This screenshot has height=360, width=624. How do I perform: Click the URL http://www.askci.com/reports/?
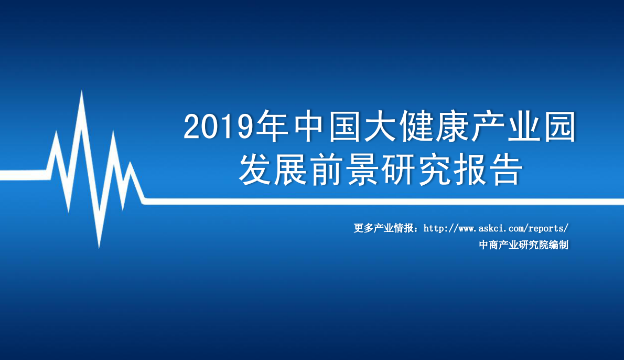pos(496,229)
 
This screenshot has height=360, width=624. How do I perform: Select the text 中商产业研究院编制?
pos(523,245)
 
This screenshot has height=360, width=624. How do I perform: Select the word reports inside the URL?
pos(545,229)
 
